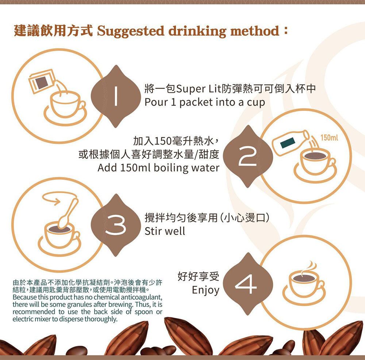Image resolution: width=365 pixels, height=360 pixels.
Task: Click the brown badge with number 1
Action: (116, 96)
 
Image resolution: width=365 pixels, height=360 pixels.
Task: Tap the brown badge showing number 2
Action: (248, 156)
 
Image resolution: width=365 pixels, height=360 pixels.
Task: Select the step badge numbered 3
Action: (116, 225)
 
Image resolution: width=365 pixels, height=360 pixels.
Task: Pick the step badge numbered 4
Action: (248, 284)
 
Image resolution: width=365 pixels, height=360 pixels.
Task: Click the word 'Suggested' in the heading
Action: (131, 31)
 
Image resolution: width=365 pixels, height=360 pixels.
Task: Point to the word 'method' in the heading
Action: (255, 31)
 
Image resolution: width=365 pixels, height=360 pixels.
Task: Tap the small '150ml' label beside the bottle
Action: (329, 138)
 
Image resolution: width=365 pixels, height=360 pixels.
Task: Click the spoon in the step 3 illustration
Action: (68, 213)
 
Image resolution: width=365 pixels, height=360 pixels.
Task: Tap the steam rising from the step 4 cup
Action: (310, 268)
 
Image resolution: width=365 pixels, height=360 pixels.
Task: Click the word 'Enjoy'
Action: (205, 290)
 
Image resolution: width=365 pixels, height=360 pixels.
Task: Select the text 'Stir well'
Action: (165, 231)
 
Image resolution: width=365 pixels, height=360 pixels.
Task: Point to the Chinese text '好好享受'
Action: (198, 276)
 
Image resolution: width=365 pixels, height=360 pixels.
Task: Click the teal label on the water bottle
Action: (288, 143)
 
